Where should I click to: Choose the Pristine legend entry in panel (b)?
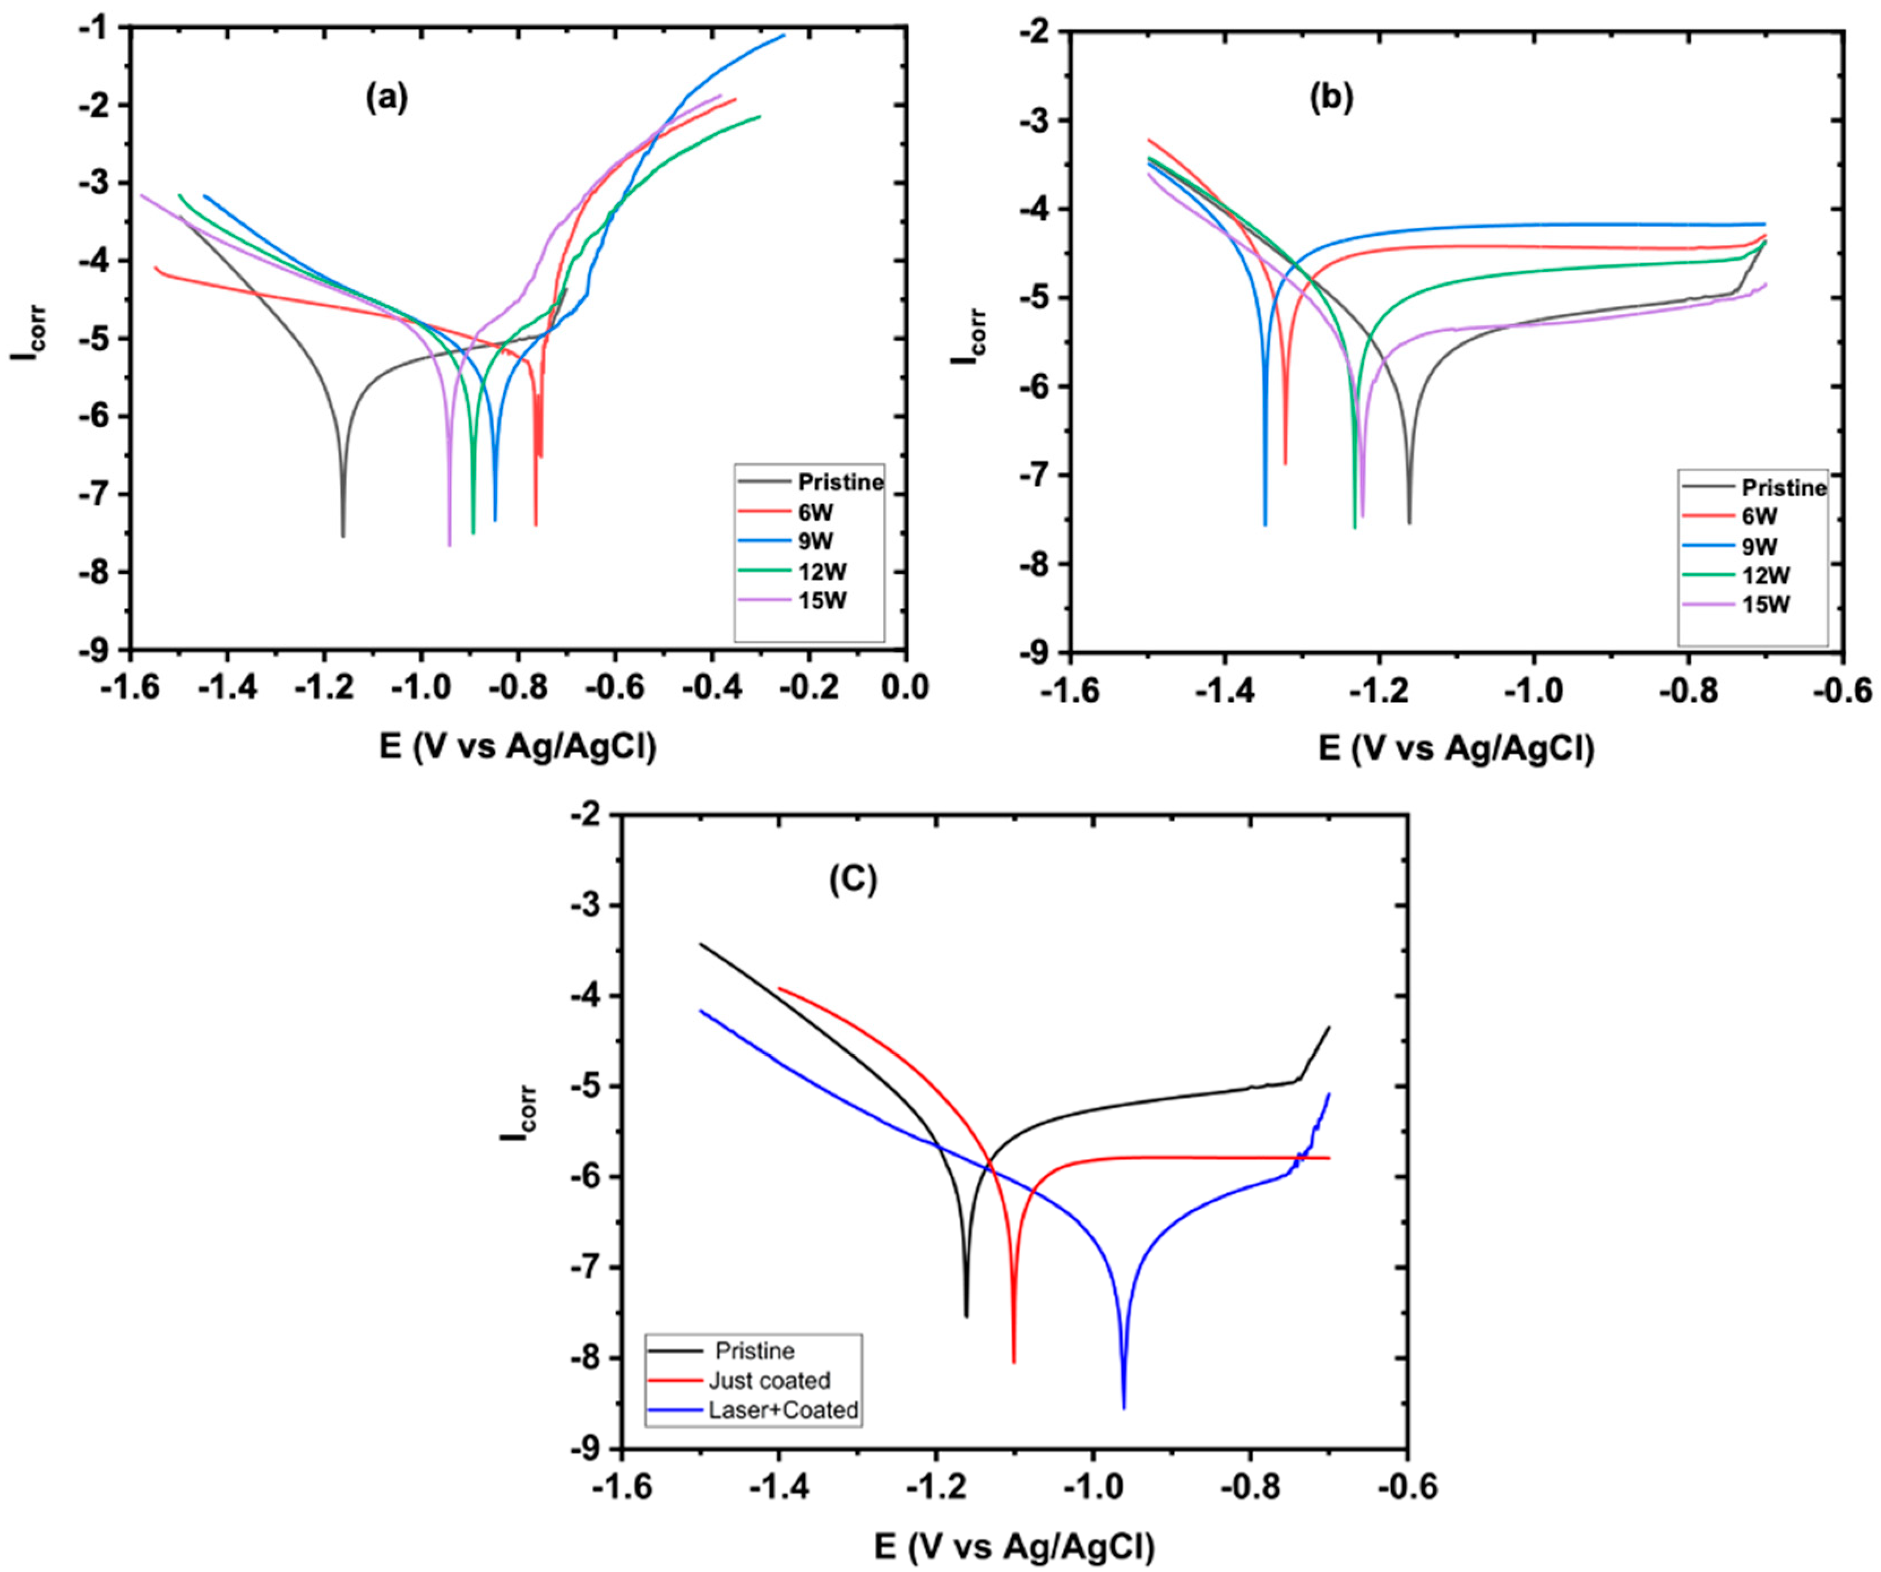coord(1783,488)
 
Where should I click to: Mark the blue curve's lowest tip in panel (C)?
coord(1124,1407)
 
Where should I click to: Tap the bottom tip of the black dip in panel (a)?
coord(343,536)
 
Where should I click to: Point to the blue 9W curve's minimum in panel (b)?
coord(1265,525)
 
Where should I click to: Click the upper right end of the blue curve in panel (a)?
coord(784,36)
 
